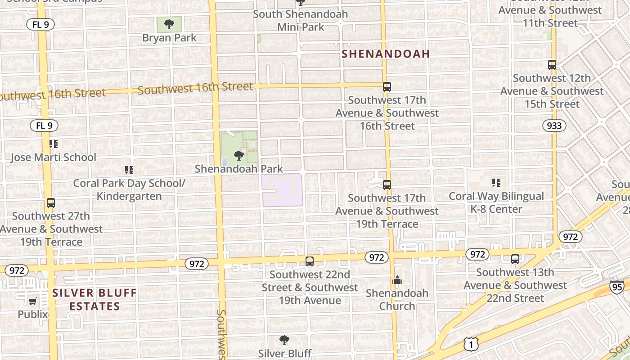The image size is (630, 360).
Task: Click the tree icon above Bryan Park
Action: [169, 24]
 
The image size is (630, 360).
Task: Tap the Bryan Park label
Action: [169, 38]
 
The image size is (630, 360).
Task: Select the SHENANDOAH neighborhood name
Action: [386, 54]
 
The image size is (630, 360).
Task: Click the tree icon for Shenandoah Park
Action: [239, 156]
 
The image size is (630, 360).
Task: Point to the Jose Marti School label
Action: [53, 157]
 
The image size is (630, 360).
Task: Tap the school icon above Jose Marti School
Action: [54, 144]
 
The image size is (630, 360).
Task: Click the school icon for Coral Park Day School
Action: [129, 170]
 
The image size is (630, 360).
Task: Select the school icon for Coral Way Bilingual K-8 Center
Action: [496, 183]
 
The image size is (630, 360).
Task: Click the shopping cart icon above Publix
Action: [32, 301]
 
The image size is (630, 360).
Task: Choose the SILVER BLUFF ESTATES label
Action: [94, 300]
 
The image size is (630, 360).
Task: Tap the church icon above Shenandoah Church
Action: [397, 280]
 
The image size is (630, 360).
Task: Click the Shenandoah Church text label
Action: [397, 300]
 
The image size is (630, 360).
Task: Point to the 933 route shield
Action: [554, 126]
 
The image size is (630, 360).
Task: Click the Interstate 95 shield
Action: [617, 287]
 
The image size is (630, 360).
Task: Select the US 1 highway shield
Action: [470, 344]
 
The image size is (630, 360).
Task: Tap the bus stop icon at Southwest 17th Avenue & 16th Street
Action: [387, 87]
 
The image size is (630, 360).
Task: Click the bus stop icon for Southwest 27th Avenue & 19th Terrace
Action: [51, 203]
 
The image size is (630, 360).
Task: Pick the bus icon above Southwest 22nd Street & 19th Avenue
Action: [310, 261]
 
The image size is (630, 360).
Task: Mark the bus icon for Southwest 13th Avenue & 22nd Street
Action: [515, 259]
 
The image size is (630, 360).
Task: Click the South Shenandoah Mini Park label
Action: [300, 20]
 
